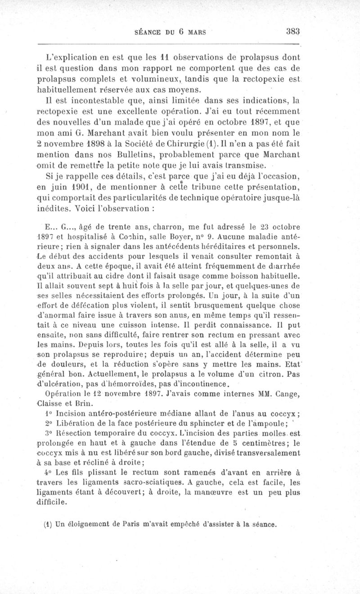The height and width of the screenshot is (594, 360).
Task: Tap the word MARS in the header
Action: point(197,32)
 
